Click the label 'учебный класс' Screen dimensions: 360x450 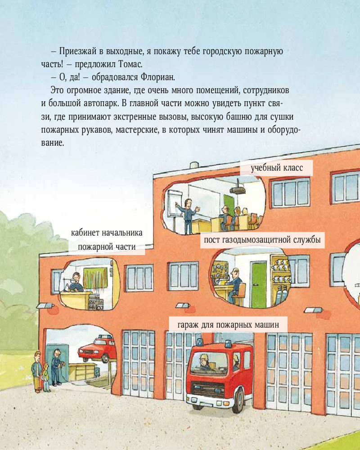point(277,167)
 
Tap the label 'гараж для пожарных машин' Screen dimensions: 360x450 point(228,325)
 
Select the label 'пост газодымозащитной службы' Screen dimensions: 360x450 point(262,240)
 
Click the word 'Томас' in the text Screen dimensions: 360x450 point(130,64)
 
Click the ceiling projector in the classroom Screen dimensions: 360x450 point(238,190)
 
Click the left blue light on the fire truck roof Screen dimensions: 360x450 point(199,342)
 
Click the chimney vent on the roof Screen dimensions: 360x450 point(194,166)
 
